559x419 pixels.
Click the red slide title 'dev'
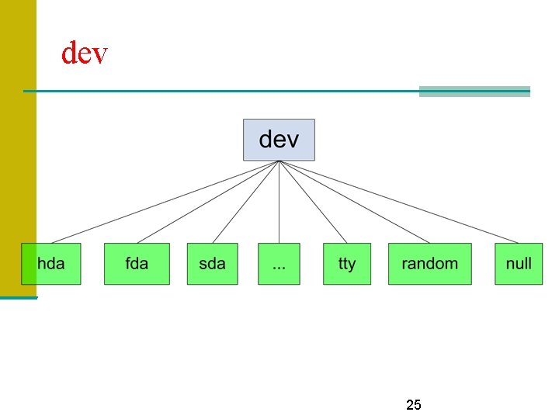point(84,54)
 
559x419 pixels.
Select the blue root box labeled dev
point(279,140)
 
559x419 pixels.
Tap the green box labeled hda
point(51,264)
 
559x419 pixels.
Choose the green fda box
point(137,264)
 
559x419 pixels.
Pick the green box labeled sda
point(212,264)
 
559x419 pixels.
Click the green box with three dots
point(279,264)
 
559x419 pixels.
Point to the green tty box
point(347,264)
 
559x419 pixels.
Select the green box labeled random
point(429,264)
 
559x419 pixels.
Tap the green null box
point(519,264)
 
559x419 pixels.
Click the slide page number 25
point(414,405)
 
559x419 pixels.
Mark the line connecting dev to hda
point(165,202)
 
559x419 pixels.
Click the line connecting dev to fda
point(208,202)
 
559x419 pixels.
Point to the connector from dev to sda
point(245,202)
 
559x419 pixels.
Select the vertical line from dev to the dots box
point(279,202)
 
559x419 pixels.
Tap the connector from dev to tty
point(313,202)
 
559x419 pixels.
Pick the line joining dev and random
point(354,202)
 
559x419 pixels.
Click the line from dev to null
point(399,202)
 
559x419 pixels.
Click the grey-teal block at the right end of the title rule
point(474,92)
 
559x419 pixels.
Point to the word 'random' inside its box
point(429,264)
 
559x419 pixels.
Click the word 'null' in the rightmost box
point(519,264)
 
